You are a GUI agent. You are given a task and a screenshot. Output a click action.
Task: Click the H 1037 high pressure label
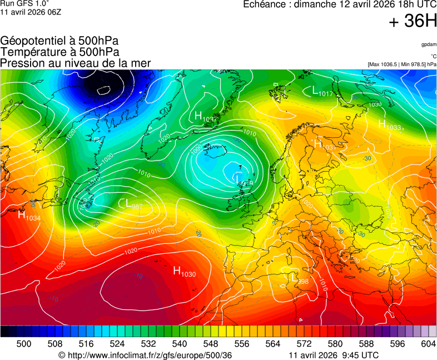tap(205, 117)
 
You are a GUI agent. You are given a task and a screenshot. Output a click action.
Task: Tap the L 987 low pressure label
tap(134, 204)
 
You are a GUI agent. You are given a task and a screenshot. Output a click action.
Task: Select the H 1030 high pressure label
tap(184, 271)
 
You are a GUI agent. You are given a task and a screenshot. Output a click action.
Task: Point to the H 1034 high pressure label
tap(29, 216)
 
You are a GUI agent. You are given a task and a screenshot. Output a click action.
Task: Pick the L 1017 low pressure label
tap(322, 91)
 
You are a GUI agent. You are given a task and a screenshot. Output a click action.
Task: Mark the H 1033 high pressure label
tap(389, 125)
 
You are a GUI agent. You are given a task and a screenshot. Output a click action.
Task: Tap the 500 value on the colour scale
tap(23, 344)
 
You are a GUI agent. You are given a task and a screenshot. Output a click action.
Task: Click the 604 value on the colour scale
tap(428, 344)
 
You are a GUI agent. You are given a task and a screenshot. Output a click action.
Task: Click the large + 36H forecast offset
tap(413, 22)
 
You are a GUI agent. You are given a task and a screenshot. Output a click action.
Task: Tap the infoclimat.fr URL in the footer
tap(145, 355)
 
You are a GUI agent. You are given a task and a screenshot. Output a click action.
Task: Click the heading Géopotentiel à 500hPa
tap(59, 41)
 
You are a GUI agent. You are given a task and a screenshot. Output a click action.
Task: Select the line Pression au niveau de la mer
tap(76, 63)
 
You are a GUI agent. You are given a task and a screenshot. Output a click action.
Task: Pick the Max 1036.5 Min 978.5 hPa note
tap(402, 64)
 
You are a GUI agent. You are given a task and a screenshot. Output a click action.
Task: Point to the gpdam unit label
tap(429, 44)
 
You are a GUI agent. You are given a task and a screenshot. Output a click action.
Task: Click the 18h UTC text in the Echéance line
tap(406, 4)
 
